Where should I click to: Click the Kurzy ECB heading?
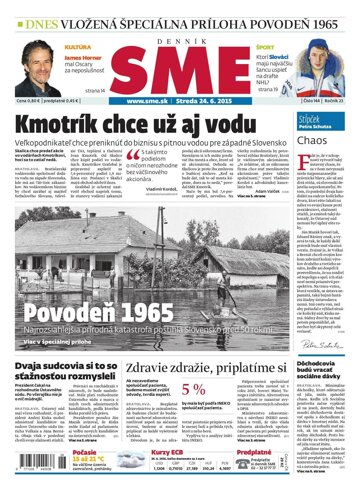pyautogui.click(x=166, y=453)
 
